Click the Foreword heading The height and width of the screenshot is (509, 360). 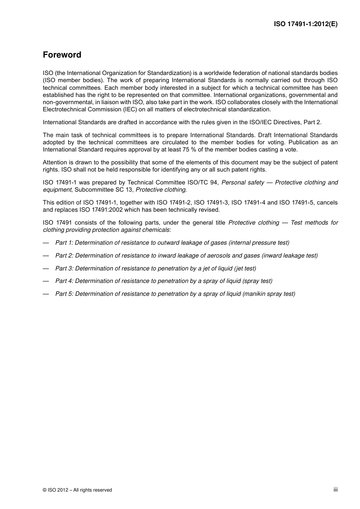point(62,55)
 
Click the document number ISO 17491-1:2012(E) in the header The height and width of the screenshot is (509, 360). point(305,24)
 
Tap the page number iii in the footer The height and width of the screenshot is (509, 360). point(335,490)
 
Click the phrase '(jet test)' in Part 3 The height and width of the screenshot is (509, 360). point(245,269)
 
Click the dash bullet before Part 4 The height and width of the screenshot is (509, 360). point(46,281)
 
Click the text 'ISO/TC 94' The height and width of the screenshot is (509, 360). point(203,183)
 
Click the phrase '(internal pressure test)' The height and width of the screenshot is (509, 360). point(259,243)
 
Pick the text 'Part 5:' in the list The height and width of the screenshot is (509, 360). point(64,294)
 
